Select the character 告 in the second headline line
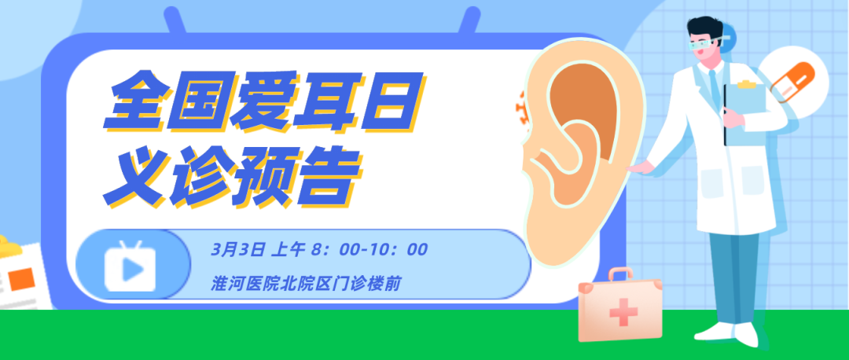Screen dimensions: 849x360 tap(329, 177)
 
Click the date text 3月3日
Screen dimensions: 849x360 tap(239, 250)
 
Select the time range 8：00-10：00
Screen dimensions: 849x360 tap(369, 250)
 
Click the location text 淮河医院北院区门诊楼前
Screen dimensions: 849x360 tap(306, 283)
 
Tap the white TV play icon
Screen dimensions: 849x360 tap(130, 266)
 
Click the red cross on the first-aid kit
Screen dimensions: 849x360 tap(623, 312)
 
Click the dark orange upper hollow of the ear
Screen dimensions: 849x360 tap(586, 100)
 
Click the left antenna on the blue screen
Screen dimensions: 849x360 tap(177, 22)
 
